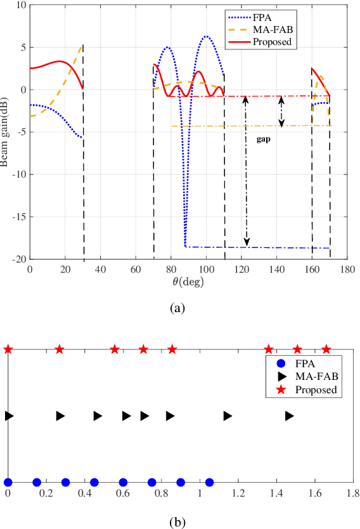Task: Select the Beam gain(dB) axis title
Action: point(6,131)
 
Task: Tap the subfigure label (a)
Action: point(177,308)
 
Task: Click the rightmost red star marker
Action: point(326,349)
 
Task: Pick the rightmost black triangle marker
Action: point(290,416)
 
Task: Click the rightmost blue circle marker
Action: point(210,482)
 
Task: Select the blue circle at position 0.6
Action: point(123,482)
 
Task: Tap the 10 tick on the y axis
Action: point(21,5)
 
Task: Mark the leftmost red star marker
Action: point(8,349)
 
